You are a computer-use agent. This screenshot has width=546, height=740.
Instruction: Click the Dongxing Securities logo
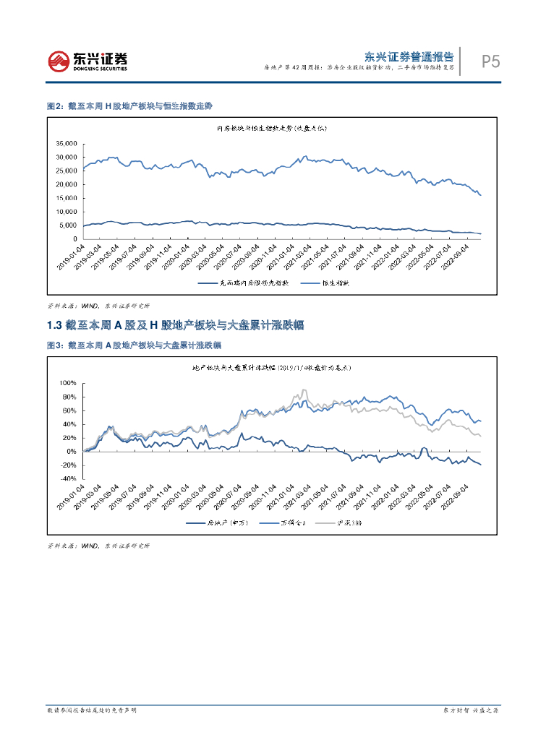click(x=88, y=61)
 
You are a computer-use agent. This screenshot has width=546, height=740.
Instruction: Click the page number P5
click(x=491, y=62)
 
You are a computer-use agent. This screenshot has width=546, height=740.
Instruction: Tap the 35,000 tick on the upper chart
click(x=67, y=143)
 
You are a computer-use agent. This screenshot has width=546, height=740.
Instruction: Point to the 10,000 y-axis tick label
click(x=67, y=212)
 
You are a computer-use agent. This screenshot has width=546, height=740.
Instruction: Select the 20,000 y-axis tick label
click(x=67, y=184)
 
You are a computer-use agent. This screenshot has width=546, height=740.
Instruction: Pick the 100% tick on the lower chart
click(x=67, y=383)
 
